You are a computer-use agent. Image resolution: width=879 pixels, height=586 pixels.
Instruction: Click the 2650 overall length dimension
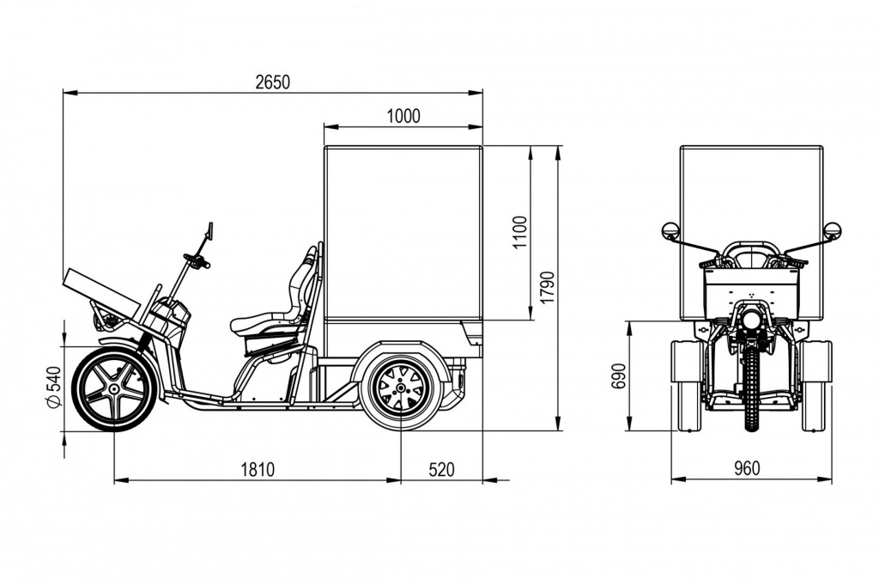click(x=272, y=82)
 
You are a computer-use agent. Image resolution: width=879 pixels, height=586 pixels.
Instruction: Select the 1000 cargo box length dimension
click(x=403, y=117)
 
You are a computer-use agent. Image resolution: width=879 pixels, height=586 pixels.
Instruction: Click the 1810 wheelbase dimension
click(x=257, y=469)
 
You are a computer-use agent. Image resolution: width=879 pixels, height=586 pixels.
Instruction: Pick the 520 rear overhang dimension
click(x=440, y=469)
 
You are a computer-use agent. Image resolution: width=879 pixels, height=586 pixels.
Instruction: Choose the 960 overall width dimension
click(x=747, y=469)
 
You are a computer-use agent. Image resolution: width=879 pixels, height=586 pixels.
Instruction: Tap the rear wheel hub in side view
click(x=401, y=389)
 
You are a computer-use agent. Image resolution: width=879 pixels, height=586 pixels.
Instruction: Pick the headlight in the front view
click(x=751, y=320)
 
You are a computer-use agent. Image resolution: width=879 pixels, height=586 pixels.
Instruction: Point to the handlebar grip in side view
click(x=198, y=262)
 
